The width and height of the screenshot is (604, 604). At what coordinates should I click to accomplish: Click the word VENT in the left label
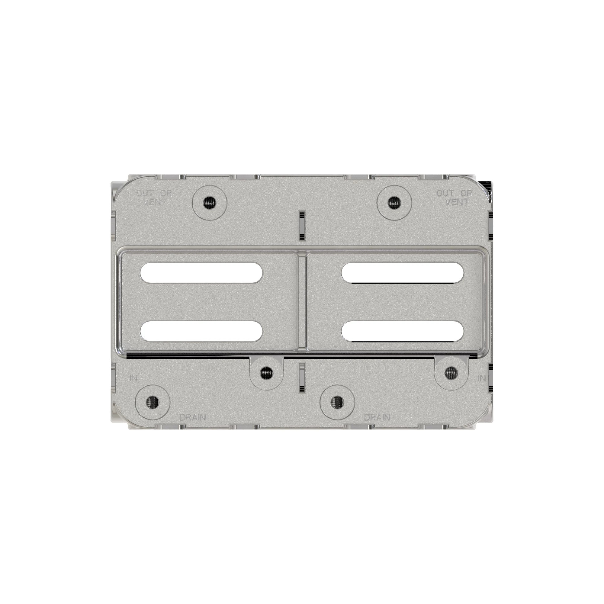coord(155,202)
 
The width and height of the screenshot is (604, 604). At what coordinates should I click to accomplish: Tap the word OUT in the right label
coord(445,194)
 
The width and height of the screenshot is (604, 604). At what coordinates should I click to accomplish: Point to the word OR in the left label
coord(166,194)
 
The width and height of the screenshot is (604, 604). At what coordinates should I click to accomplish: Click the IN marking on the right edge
coord(482,378)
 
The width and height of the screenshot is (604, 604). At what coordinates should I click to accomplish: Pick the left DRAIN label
coord(193,417)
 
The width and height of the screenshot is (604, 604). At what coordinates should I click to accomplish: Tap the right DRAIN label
coord(377,417)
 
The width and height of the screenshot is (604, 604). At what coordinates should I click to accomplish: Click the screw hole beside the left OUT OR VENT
coord(210,203)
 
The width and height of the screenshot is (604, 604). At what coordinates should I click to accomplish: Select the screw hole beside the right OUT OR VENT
coord(394,203)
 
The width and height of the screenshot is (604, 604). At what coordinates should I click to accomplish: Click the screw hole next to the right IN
coord(451,372)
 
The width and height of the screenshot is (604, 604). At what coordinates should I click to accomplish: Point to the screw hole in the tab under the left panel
coord(267,372)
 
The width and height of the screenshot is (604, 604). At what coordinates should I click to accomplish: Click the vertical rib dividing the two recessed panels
coord(302,302)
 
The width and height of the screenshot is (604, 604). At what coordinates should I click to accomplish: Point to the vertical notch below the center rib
coord(302,377)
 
